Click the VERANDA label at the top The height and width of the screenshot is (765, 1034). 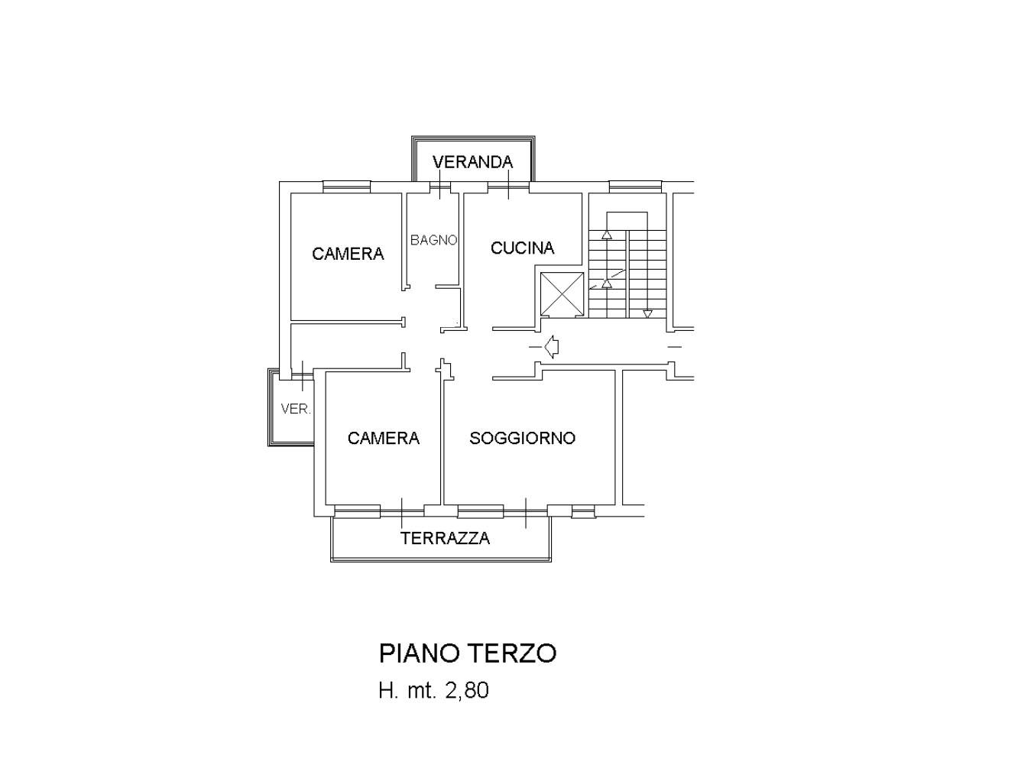(x=472, y=162)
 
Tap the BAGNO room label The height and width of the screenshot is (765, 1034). (x=433, y=240)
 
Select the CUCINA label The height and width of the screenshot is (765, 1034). (x=522, y=248)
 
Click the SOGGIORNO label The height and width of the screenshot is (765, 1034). (x=522, y=438)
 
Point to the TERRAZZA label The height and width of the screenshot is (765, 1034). (x=445, y=538)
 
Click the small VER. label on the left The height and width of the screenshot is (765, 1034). (x=295, y=409)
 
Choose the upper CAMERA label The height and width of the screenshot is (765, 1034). (x=348, y=254)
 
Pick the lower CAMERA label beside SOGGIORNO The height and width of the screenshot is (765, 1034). (x=383, y=438)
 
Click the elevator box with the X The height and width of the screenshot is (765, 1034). (x=562, y=293)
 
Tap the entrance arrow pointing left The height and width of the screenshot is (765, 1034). (x=551, y=348)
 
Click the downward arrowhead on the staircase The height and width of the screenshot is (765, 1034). (x=647, y=313)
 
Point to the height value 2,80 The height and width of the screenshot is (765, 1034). (x=465, y=691)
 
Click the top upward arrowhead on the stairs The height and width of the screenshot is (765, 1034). (x=607, y=235)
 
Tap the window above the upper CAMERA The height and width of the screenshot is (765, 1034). (x=346, y=186)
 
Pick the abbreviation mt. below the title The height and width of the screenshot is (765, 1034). (x=419, y=691)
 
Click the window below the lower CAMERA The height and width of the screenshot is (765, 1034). (x=357, y=511)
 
